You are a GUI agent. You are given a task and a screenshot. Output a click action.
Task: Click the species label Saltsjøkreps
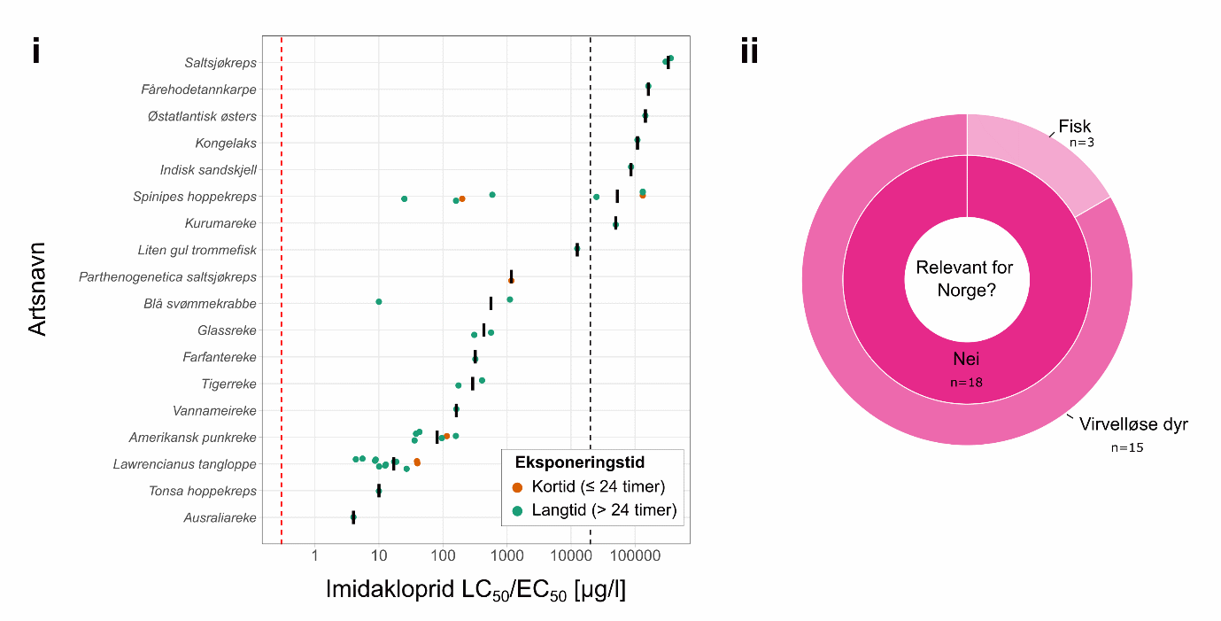pyautogui.click(x=220, y=63)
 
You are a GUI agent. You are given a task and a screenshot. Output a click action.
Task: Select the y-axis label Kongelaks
pyautogui.click(x=226, y=143)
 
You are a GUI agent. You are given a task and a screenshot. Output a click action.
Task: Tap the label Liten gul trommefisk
pyautogui.click(x=197, y=250)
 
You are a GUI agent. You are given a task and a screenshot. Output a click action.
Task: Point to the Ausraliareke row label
pyautogui.click(x=220, y=517)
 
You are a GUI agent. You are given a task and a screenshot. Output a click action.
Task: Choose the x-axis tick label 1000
pyautogui.click(x=506, y=555)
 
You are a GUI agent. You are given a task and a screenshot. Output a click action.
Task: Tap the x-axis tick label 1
pyautogui.click(x=314, y=555)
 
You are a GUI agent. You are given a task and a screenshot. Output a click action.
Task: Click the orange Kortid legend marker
pyautogui.click(x=518, y=486)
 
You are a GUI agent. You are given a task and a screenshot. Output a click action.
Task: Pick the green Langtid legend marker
pyautogui.click(x=518, y=509)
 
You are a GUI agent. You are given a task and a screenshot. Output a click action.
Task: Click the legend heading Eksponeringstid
pyautogui.click(x=579, y=462)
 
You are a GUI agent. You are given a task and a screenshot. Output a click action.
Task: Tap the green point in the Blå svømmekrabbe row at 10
pyautogui.click(x=379, y=301)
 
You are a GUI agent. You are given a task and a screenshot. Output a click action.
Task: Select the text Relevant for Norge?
pyautogui.click(x=965, y=279)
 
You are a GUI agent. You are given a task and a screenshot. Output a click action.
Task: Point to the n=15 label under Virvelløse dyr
pyautogui.click(x=1127, y=447)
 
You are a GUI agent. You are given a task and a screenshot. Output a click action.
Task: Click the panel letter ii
pyautogui.click(x=749, y=52)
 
